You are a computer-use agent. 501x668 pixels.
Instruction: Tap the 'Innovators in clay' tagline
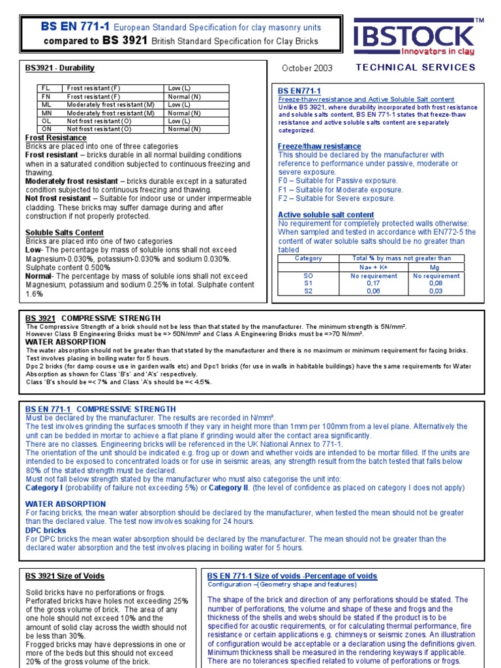(437, 52)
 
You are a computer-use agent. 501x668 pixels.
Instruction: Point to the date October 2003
(307, 68)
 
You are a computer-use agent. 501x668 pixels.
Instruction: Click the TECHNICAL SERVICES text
(416, 67)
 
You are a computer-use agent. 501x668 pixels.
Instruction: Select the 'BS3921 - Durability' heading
(59, 68)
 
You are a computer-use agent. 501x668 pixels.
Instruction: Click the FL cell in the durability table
(46, 88)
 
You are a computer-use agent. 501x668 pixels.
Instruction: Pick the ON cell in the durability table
(46, 129)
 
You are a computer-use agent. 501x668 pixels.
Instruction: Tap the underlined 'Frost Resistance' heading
(55, 138)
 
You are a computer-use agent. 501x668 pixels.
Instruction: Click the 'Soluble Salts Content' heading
(65, 233)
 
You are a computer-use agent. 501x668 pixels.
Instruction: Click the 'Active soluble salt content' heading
(326, 215)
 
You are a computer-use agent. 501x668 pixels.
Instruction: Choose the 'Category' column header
(309, 258)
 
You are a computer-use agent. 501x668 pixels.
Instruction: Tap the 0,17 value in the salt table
(373, 284)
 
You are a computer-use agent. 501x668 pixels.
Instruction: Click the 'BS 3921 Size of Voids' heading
(65, 577)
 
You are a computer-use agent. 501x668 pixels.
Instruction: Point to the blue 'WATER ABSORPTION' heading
(65, 504)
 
